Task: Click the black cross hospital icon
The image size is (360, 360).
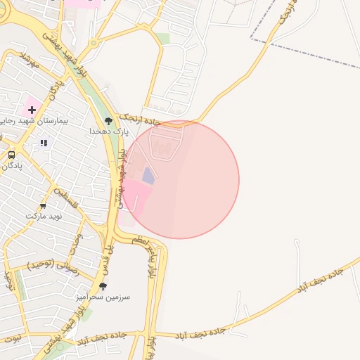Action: pyautogui.click(x=32, y=109)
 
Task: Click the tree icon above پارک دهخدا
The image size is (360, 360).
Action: pyautogui.click(x=108, y=121)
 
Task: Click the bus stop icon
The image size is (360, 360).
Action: pyautogui.click(x=11, y=155)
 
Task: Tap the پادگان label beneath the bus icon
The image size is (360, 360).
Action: pyautogui.click(x=11, y=166)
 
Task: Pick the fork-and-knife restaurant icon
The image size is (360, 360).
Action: pyautogui.click(x=44, y=143)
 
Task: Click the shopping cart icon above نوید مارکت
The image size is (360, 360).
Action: pyautogui.click(x=44, y=206)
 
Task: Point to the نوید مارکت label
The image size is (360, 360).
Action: pyautogui.click(x=44, y=216)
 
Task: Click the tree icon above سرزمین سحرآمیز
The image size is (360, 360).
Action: pyautogui.click(x=103, y=286)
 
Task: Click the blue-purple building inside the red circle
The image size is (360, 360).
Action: pyautogui.click(x=148, y=175)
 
